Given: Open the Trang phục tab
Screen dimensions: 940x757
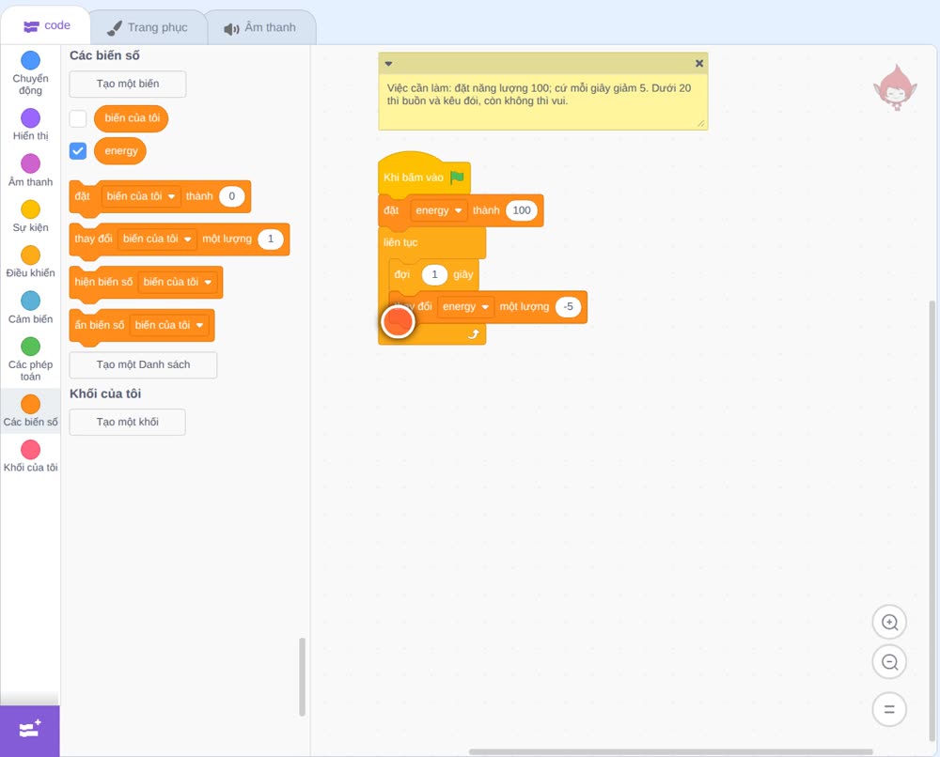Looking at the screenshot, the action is pos(148,27).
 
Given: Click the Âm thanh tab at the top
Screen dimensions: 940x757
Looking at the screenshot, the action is pos(260,27).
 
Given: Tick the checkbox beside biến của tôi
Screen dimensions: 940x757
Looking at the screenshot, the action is pos(78,118).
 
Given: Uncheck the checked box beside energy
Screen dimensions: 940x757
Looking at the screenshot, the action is pos(78,151).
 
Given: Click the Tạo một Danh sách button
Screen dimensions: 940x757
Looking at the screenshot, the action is pos(143,364).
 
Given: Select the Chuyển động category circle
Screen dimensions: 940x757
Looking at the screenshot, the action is pos(31,60).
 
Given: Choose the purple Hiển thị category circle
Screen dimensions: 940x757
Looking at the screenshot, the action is pos(31,118).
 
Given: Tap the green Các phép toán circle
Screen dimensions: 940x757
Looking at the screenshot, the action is pos(31,347).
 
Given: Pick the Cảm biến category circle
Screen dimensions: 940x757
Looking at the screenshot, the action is pos(31,301).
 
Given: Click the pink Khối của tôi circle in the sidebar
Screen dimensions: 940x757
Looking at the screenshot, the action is pos(31,450).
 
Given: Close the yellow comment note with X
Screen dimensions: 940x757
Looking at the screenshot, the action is pos(699,63).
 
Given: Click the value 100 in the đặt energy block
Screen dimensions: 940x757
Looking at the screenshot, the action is pos(522,210).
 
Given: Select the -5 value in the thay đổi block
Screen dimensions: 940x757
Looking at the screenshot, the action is pos(568,306).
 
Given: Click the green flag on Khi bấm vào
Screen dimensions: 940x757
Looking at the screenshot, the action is pos(457,178).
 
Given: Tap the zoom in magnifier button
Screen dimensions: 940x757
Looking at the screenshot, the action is pos(889,623).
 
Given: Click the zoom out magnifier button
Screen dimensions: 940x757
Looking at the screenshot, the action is pos(889,662).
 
